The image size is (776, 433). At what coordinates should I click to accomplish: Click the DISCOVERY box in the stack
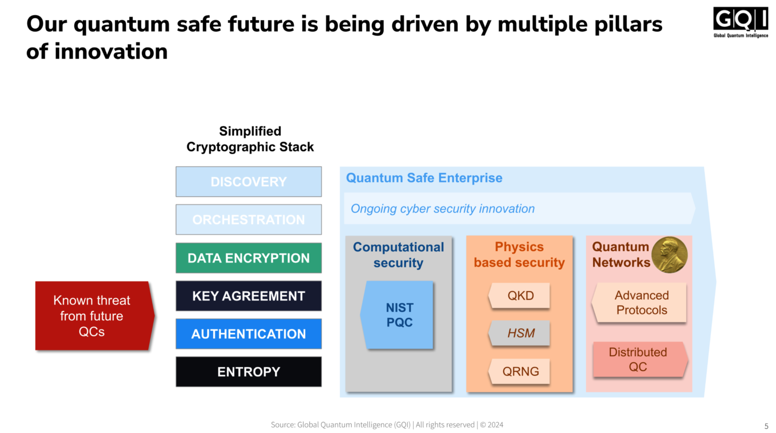(249, 182)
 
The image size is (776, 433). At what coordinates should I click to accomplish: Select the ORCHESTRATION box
(249, 220)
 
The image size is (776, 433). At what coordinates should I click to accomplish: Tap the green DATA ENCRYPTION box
(249, 258)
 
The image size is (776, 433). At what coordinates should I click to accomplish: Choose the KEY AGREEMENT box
(249, 296)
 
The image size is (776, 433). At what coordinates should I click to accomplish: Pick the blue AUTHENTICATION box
(249, 334)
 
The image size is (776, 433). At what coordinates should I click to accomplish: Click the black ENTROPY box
(249, 372)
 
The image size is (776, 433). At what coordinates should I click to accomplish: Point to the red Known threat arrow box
(92, 316)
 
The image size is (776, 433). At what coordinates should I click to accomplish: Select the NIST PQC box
(399, 315)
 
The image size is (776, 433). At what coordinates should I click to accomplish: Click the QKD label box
(520, 296)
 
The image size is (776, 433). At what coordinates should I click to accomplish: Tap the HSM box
(520, 333)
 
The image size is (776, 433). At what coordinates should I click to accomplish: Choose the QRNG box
(520, 371)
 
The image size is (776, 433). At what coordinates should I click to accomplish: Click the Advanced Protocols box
(641, 303)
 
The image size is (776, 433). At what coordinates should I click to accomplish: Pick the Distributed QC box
(639, 359)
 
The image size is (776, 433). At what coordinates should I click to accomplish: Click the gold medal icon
(669, 255)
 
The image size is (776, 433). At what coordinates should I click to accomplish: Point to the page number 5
(766, 426)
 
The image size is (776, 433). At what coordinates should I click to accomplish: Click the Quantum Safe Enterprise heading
(424, 178)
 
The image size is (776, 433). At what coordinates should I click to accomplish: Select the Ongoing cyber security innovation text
(443, 209)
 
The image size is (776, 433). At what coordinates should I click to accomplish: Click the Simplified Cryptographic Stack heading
(250, 139)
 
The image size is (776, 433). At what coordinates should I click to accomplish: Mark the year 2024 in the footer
(495, 425)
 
